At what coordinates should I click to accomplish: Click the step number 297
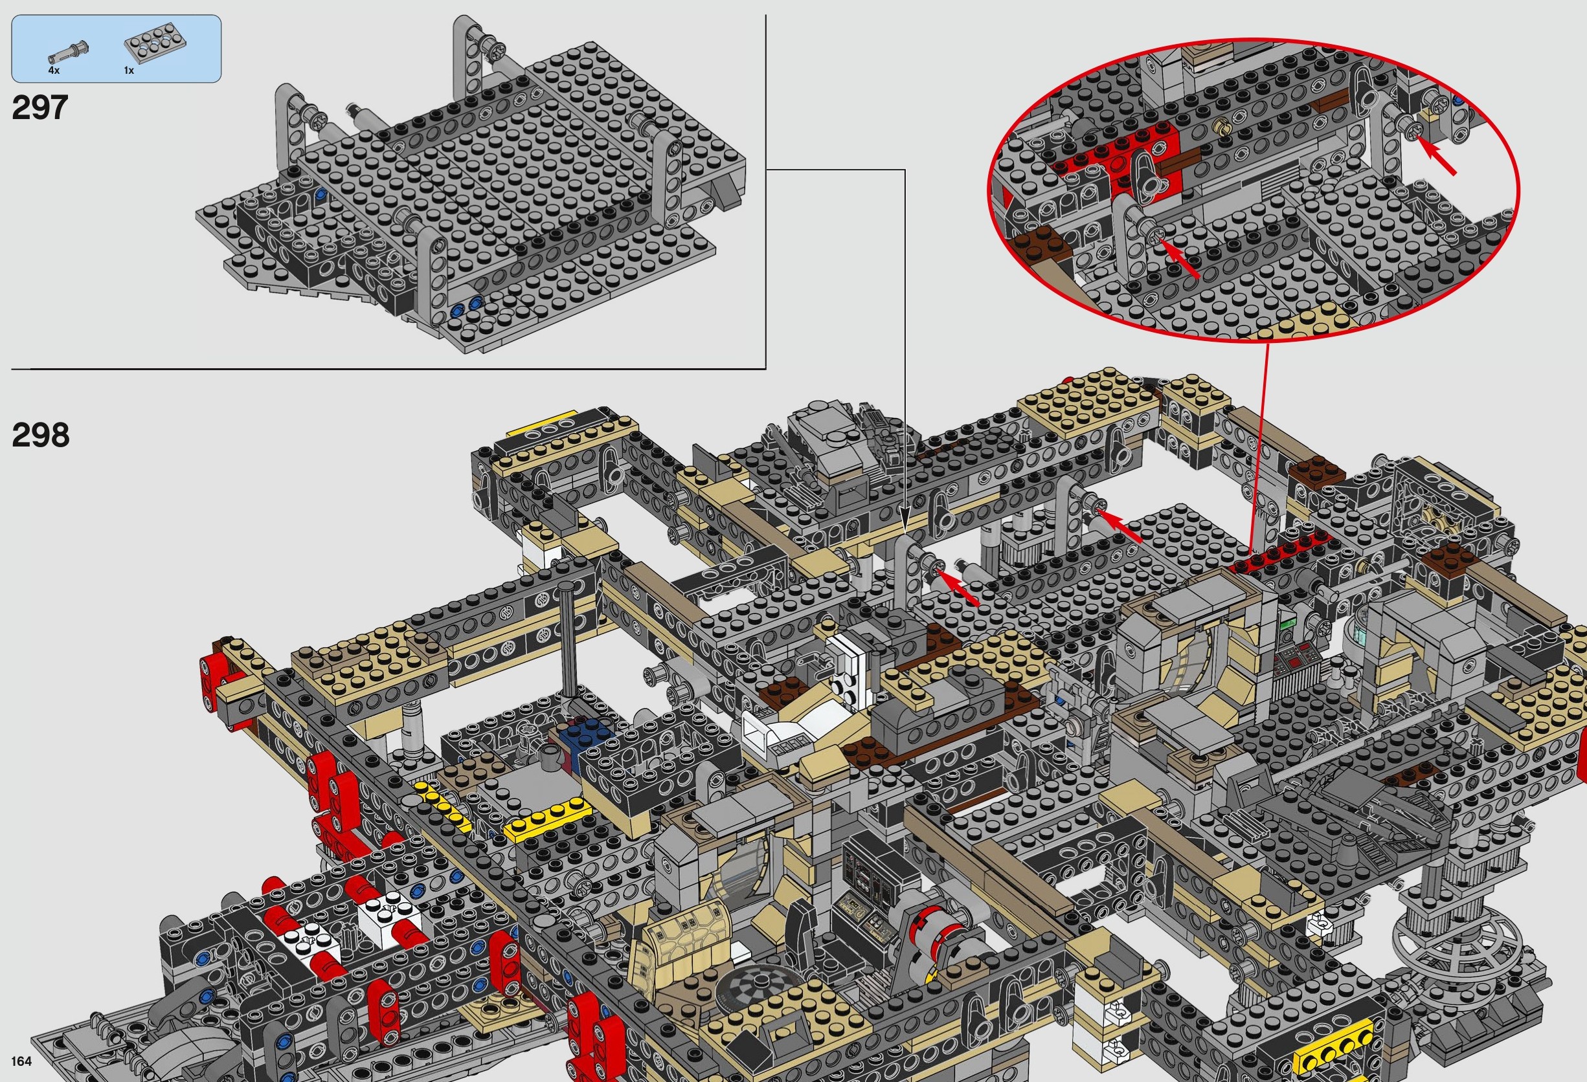[40, 108]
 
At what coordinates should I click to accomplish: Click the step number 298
[40, 435]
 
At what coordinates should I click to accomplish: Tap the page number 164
[21, 1061]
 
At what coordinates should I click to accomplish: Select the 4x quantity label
[54, 71]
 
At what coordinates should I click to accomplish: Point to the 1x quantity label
[129, 71]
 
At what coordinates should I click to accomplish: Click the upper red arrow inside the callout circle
[1437, 155]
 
